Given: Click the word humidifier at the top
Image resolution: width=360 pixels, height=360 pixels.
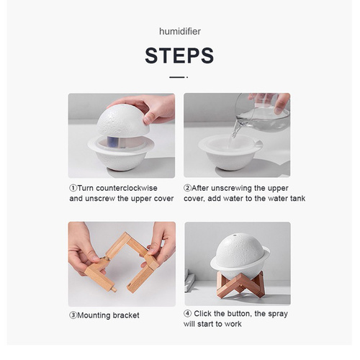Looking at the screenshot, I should click(179, 32).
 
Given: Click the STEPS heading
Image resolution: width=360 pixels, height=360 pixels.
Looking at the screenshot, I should click(179, 55).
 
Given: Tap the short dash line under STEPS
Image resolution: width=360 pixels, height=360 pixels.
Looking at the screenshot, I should click(178, 76).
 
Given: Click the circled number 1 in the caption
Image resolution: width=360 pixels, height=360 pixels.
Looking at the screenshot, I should click(73, 188).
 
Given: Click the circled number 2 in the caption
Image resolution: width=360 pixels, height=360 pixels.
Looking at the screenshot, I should click(187, 188).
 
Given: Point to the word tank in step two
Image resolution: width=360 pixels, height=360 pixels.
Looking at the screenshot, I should click(294, 199).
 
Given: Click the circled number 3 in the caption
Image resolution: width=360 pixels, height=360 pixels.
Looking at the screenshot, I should click(73, 315).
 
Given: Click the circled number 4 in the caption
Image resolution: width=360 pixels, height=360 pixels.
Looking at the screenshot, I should click(187, 313).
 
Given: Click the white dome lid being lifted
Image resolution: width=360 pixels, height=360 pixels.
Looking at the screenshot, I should click(122, 119).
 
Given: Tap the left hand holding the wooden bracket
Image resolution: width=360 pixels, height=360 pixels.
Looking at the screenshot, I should click(83, 248).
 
